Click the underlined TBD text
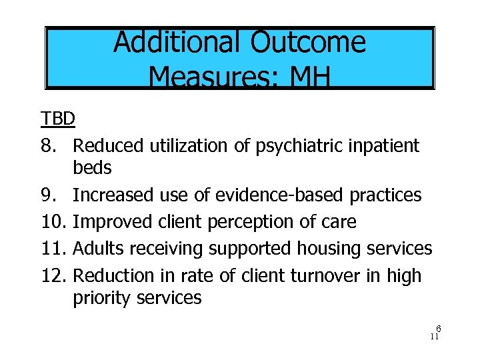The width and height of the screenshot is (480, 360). [x=57, y=119]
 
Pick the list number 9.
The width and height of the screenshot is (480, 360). [x=49, y=195]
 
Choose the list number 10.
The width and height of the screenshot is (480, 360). [x=53, y=221]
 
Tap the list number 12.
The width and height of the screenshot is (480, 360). [x=53, y=275]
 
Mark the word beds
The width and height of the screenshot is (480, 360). [x=92, y=168]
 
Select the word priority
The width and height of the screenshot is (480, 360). [x=101, y=297]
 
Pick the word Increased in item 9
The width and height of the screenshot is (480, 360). [x=114, y=195]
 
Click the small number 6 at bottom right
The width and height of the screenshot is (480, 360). [x=439, y=329]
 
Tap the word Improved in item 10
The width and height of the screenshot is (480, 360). [x=113, y=221]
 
